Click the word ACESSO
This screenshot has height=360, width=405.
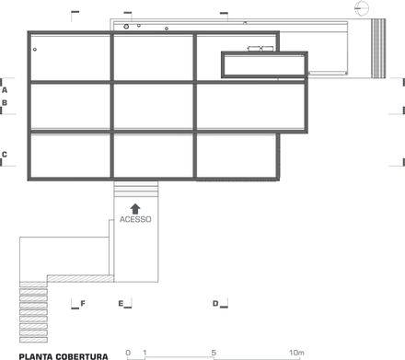coord(135,219)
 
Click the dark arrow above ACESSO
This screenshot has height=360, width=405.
coord(135,209)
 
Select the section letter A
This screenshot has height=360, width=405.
coord(5,90)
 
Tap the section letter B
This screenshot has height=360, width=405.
coord(5,103)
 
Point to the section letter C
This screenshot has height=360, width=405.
coord(5,155)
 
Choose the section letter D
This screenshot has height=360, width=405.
coord(215,304)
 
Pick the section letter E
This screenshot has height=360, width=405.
coord(121,304)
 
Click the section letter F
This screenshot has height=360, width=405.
coord(83,304)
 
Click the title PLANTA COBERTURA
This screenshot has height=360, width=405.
coord(64,356)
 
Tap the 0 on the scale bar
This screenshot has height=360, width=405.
coord(128,353)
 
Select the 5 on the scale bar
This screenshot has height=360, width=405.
coord(214,353)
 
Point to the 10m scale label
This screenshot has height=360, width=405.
coord(296,353)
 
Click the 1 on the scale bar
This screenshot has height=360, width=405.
coord(145,353)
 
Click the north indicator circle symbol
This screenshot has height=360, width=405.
coord(362,8)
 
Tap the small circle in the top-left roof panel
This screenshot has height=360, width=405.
coord(35,50)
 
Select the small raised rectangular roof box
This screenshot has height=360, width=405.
coord(264,64)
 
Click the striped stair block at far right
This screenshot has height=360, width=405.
coord(378,48)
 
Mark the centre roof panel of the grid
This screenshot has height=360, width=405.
coord(154,106)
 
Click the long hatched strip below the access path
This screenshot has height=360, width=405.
coord(80,278)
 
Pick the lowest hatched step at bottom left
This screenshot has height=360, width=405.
coord(33,340)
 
